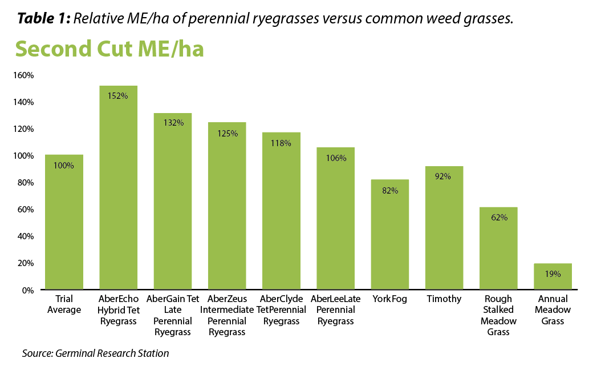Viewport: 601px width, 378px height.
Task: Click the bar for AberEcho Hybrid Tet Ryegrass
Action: pos(118,188)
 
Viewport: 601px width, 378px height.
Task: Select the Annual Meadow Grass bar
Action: pos(553,277)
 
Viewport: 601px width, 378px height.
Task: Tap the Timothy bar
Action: pos(444,228)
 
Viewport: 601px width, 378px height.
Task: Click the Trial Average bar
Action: pos(64,223)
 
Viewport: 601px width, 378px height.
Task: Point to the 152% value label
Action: pos(118,96)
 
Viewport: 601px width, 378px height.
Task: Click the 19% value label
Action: pos(553,274)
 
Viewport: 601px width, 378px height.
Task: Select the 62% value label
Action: pos(498,218)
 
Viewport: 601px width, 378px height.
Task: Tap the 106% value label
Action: pos(335,158)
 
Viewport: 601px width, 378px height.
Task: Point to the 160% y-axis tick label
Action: pos(25,75)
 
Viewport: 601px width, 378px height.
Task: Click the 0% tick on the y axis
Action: pos(28,291)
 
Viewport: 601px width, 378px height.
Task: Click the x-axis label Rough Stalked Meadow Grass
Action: pos(498,315)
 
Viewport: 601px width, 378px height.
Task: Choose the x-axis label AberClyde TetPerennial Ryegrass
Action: pos(281,310)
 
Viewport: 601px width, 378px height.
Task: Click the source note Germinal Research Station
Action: pos(95,353)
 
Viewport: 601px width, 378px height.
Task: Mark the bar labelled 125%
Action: pos(226,206)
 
